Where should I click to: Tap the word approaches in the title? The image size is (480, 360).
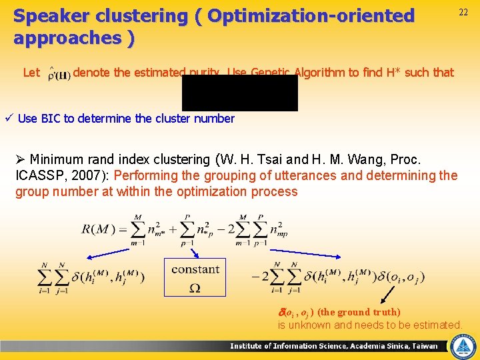(x=66, y=37)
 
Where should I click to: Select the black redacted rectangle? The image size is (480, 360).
(x=239, y=93)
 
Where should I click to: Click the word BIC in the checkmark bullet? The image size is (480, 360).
(x=50, y=119)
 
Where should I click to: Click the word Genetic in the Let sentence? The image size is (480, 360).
(x=272, y=72)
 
